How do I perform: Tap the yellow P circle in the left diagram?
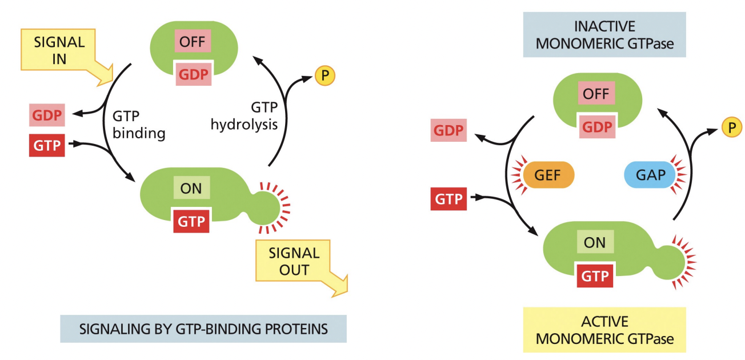pos(325,76)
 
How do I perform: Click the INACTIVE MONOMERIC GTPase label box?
pos(604,35)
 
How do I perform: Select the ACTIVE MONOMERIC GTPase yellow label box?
pos(604,330)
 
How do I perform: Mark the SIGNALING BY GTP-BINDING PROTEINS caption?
pos(203,329)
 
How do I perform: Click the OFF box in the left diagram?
pos(191,42)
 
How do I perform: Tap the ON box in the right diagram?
pos(594,242)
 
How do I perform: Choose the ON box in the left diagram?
pos(191,188)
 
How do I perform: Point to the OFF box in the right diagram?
pos(596,94)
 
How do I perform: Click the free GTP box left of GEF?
pos(448,200)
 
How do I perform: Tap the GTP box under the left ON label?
pos(191,221)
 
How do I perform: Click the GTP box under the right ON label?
pos(595,276)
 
